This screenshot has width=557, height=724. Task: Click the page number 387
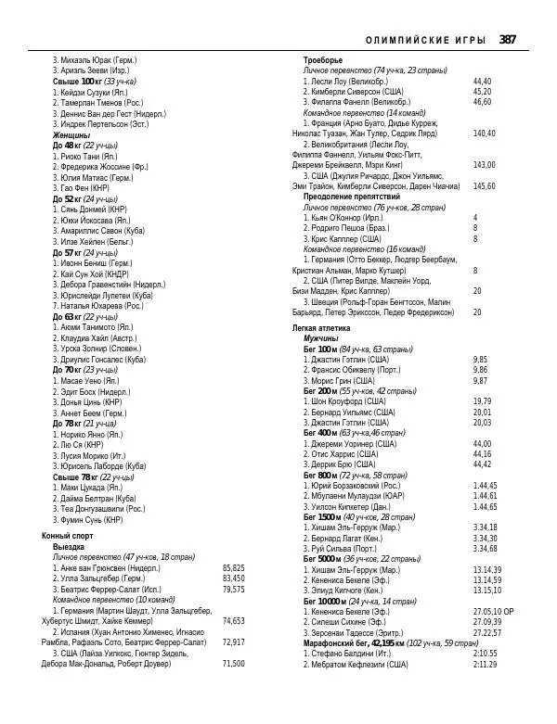[507, 39]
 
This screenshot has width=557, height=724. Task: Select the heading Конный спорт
[69, 536]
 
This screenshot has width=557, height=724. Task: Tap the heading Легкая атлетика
[321, 328]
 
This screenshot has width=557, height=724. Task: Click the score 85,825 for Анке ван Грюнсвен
[234, 567]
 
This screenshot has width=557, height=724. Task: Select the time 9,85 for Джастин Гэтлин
[480, 359]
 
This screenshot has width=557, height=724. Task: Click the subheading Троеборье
[323, 60]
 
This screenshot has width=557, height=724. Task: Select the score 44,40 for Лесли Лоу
[483, 81]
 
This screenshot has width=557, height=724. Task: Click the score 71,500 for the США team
[234, 664]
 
